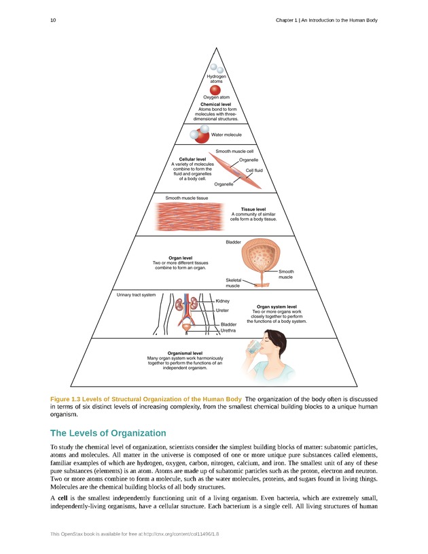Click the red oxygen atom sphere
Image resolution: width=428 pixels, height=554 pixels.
click(215, 90)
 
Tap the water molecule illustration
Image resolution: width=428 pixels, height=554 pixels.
click(199, 134)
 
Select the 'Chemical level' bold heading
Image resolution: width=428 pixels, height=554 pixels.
click(215, 104)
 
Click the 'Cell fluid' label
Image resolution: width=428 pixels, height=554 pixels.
click(254, 170)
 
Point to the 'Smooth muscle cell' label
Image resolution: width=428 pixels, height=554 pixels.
click(234, 150)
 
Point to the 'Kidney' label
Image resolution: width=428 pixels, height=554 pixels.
click(223, 301)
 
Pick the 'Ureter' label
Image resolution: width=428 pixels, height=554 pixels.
click(221, 311)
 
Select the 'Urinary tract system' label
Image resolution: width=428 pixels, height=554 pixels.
click(136, 295)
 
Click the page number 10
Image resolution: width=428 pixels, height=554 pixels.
click(53, 20)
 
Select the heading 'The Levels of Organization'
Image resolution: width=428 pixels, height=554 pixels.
click(108, 433)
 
